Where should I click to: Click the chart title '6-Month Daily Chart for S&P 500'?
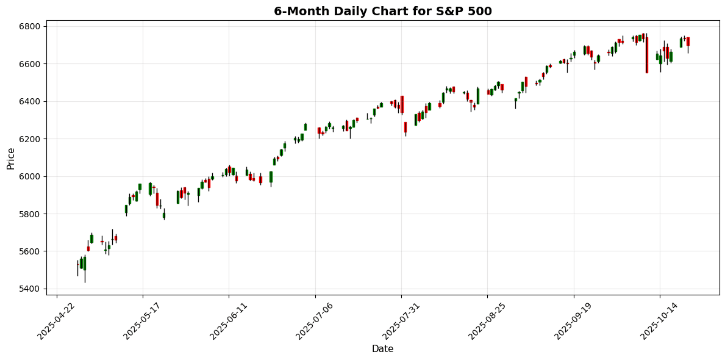[382, 11]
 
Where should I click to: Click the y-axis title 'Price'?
[11, 158]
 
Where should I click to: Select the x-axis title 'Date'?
[382, 349]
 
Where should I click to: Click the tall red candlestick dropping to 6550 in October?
[646, 55]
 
